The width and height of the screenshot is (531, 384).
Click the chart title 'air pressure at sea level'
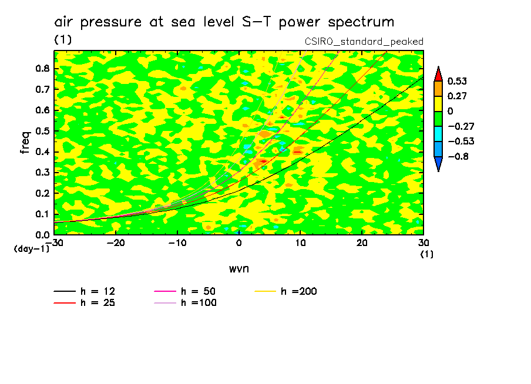coord(224,22)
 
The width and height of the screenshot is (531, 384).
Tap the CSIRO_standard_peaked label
coord(364,42)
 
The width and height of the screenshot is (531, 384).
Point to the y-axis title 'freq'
coord(25,143)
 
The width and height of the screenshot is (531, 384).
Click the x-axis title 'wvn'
coord(238,268)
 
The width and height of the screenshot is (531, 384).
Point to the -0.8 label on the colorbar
coord(458,157)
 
